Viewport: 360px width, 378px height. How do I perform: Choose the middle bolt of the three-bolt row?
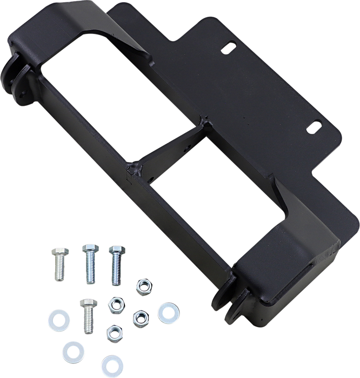89,265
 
